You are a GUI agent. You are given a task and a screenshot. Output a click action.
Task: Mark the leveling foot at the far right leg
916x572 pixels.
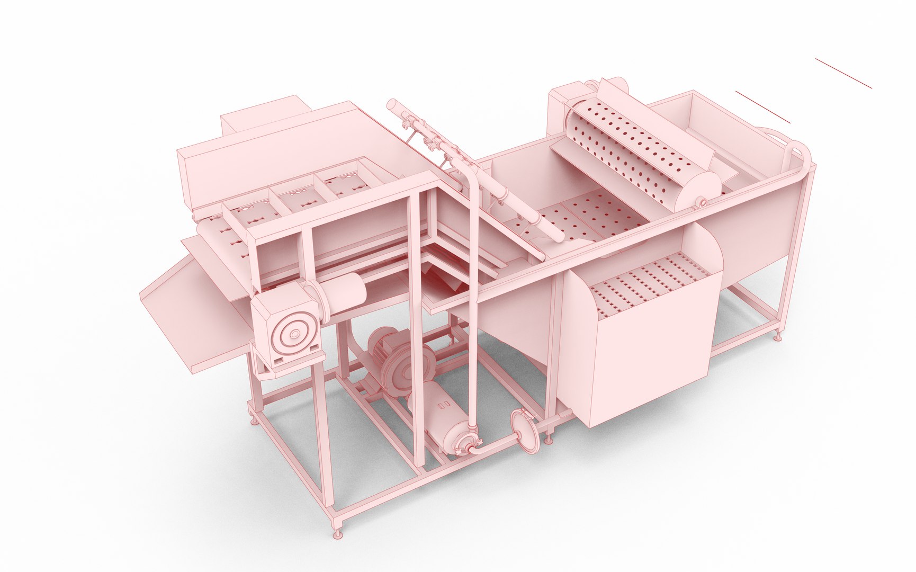tap(778, 336)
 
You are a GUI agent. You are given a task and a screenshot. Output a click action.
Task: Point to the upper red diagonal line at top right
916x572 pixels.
tap(843, 73)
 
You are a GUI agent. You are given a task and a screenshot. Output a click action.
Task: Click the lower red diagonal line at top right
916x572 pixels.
tap(762, 106)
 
